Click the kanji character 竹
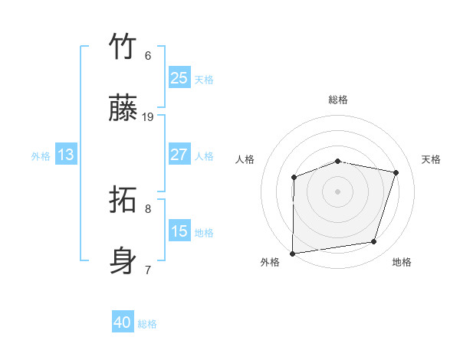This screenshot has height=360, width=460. [123, 46]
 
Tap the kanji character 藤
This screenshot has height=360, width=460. [123, 109]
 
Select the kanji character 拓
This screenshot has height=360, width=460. [123, 201]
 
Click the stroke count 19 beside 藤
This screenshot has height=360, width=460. [148, 116]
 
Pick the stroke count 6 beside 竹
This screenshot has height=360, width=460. [148, 55]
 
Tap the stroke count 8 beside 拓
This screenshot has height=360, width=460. [148, 208]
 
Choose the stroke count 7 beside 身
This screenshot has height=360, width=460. [148, 270]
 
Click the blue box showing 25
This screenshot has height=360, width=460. [179, 78]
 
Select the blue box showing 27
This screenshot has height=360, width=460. [179, 155]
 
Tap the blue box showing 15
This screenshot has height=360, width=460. [179, 231]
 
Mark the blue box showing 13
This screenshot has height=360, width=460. [66, 155]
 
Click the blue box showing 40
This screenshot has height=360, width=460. [123, 322]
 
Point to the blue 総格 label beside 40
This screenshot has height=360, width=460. [148, 324]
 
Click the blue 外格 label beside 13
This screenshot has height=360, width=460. [41, 156]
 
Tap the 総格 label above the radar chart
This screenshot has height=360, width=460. [338, 100]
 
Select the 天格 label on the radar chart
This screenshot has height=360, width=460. [432, 159]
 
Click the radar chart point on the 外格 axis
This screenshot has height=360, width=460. [293, 253]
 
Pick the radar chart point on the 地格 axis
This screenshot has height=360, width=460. [374, 242]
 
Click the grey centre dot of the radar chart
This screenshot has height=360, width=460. [338, 191]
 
